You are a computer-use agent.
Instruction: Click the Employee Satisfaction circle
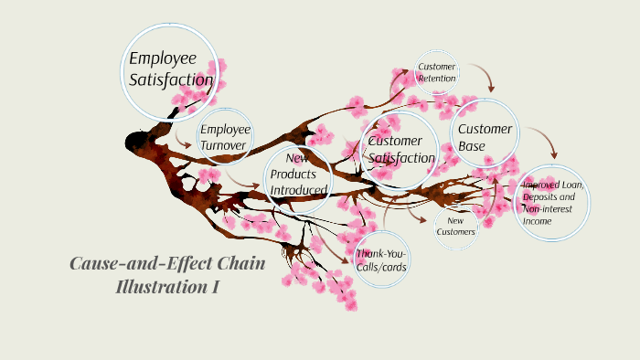pos(171,69)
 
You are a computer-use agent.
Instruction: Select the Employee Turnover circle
pos(224,138)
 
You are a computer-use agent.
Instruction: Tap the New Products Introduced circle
pos(298,175)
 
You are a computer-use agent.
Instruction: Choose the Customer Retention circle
pos(437,73)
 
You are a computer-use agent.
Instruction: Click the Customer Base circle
pos(485,137)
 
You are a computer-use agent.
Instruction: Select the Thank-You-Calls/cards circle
pos(381,259)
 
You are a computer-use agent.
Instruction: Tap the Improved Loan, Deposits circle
pos(553,203)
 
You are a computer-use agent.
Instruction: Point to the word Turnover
pos(224,146)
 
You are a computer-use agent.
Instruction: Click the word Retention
pos(437,79)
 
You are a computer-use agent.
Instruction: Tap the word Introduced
pos(298,190)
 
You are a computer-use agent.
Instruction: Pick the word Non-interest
pos(548,208)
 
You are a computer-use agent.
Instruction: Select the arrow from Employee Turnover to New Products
pos(242,180)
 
